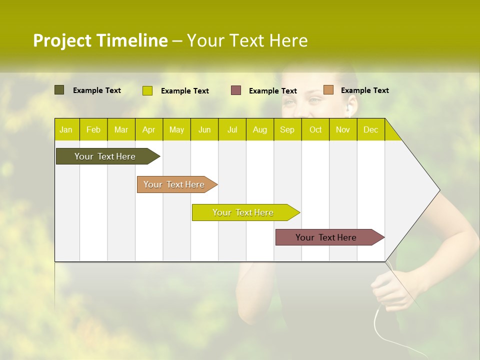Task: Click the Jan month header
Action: tap(66, 129)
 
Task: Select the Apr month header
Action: tap(148, 129)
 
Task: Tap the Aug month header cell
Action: tap(259, 129)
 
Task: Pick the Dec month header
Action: tap(370, 129)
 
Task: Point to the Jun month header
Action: tap(204, 129)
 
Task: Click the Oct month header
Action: tap(315, 129)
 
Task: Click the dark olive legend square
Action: tap(59, 90)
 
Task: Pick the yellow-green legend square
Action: tap(147, 90)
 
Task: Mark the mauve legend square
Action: tap(236, 90)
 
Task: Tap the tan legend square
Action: tap(328, 90)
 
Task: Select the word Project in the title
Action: tap(62, 40)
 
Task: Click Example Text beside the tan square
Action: tap(364, 90)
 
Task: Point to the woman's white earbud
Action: tap(349, 107)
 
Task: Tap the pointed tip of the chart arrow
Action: tap(439, 190)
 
